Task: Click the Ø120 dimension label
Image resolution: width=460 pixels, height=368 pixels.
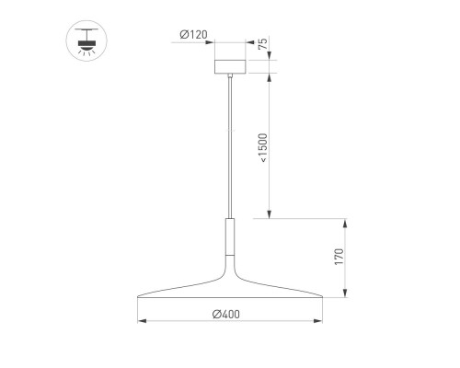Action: click(x=193, y=35)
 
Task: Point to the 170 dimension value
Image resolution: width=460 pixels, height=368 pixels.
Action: click(x=339, y=257)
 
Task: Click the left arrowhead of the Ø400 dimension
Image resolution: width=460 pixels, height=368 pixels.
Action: click(x=141, y=322)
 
